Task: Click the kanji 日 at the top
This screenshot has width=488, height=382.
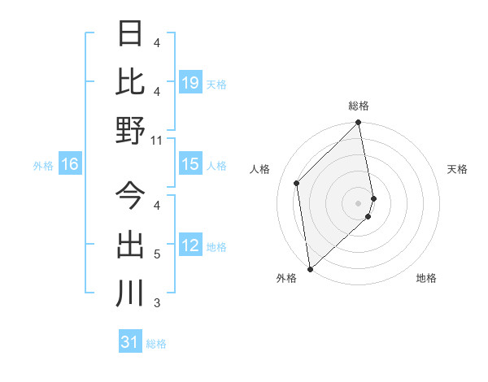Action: click(129, 34)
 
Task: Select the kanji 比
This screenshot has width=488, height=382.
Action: click(129, 82)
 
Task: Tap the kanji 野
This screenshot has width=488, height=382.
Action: click(129, 131)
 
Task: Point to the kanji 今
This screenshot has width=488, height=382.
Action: click(129, 196)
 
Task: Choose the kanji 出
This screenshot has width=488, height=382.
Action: click(129, 245)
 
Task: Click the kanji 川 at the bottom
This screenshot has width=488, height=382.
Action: click(129, 293)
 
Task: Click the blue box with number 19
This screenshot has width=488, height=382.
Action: click(190, 83)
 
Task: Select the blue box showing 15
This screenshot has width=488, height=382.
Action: click(190, 165)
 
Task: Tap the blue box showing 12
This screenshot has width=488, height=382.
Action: click(190, 246)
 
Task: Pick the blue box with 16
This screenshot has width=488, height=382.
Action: click(70, 165)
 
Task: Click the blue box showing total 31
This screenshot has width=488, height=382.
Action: click(130, 343)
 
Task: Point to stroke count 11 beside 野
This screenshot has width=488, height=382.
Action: click(157, 141)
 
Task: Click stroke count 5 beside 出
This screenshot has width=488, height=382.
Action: click(157, 254)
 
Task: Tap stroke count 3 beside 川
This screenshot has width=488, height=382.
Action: click(157, 303)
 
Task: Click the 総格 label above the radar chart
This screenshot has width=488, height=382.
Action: click(359, 106)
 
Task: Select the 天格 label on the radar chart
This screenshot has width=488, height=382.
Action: click(458, 169)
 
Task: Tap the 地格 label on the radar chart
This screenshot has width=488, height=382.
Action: click(426, 279)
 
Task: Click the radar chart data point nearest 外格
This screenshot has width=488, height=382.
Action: click(310, 269)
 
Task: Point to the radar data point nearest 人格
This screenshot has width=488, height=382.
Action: click(297, 183)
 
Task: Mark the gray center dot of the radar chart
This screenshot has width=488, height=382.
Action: click(359, 203)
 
